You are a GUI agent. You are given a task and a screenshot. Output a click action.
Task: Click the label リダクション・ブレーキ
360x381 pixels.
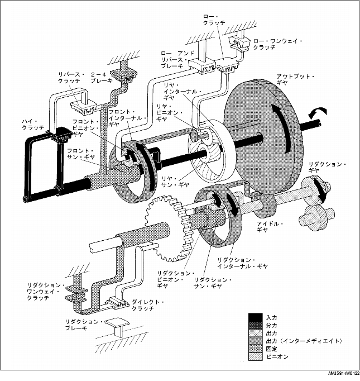(x=83, y=325)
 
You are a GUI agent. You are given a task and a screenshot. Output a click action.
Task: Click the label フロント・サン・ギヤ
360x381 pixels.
(x=83, y=154)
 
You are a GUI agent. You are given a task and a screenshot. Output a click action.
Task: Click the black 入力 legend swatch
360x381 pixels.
(x=256, y=317)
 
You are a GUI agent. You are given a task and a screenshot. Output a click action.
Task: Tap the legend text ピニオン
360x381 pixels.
(x=278, y=356)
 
